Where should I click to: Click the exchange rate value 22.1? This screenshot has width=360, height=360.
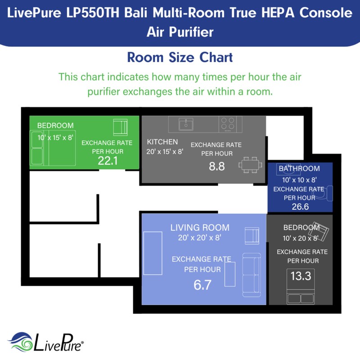108,161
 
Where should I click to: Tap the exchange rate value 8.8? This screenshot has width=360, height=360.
216,166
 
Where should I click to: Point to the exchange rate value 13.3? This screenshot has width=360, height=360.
301,275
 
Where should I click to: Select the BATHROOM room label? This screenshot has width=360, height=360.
299,169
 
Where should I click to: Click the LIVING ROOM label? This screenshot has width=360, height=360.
200,228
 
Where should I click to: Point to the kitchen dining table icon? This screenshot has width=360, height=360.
250,165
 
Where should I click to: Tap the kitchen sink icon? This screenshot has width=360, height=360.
185,124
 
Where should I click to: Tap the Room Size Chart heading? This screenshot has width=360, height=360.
180,58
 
